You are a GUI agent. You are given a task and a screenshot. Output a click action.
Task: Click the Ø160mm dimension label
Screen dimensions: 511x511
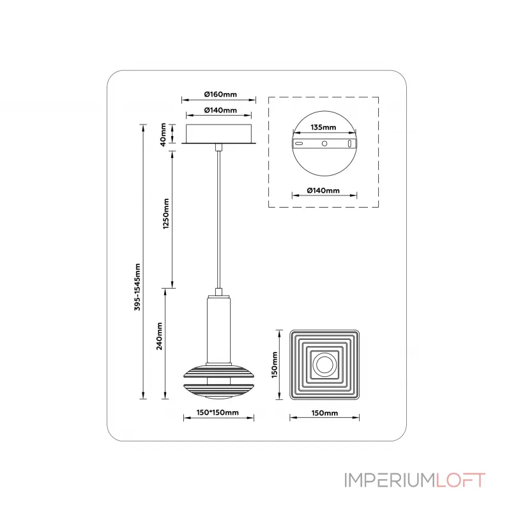[x=220, y=95]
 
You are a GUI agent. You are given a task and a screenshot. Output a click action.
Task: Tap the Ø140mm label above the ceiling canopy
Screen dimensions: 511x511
[x=220, y=111]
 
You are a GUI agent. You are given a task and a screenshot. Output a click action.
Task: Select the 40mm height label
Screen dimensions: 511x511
[x=163, y=134]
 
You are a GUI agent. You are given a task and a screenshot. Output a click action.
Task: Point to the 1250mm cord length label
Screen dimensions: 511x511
[x=166, y=214]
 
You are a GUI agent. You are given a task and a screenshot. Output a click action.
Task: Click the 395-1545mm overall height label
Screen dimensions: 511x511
[x=137, y=287]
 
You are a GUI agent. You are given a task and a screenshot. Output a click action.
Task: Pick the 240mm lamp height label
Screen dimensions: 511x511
[x=159, y=336]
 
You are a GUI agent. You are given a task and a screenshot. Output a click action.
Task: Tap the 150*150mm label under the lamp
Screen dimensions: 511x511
[x=217, y=413]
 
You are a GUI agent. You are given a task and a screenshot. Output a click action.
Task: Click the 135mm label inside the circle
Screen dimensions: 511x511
[x=323, y=127]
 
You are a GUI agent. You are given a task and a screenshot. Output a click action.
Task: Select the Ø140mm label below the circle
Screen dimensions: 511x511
[x=323, y=190]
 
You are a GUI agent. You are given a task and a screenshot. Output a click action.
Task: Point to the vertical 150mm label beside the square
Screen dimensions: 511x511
[x=275, y=365]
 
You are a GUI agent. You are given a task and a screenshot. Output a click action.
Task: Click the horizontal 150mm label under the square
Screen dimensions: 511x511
[x=324, y=413]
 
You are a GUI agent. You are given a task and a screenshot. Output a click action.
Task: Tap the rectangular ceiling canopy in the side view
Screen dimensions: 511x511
[x=218, y=133]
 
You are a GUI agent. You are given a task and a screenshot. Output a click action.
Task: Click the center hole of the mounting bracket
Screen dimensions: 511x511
[x=324, y=143]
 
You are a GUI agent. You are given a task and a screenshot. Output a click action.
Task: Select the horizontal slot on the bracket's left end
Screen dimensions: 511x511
[x=299, y=143]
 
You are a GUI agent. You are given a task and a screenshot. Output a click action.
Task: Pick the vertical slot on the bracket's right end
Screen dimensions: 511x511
[x=349, y=143]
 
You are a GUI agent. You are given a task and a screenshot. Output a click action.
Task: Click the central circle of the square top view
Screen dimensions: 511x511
[x=324, y=365]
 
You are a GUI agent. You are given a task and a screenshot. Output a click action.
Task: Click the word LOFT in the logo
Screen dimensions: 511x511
[x=461, y=480]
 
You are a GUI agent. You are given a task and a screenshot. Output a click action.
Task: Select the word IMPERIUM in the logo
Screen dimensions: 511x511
[x=390, y=480]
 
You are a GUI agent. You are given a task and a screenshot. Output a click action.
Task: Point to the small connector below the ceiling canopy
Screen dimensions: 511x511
[x=218, y=148]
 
